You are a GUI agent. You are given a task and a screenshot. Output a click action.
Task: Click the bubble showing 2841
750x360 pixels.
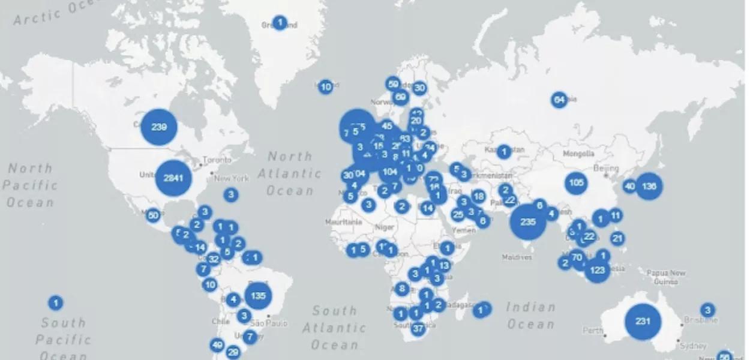pos(173,178)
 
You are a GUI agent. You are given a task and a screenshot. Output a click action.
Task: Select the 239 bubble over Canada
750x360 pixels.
pos(159,127)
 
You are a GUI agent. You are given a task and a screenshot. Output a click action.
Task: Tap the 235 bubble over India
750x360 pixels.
pos(528,222)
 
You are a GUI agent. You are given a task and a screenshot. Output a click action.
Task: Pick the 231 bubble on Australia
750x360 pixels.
pos(643,321)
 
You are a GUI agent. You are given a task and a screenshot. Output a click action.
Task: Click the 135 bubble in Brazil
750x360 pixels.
pos(259,295)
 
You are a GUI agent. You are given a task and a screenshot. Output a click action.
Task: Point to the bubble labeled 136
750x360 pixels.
pos(649,186)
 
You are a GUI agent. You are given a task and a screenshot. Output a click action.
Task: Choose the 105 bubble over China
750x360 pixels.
pos(576,183)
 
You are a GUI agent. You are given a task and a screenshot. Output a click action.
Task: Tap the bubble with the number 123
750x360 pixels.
pos(597,270)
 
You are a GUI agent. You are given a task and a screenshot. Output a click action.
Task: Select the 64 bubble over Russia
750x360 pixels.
pos(559,100)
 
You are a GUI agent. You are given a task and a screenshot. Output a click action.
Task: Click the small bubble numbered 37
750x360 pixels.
pos(418,328)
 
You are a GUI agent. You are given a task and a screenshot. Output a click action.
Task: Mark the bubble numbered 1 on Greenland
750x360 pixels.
pos(280,23)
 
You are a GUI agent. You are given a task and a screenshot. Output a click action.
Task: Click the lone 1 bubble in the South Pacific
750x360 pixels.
pos(55,303)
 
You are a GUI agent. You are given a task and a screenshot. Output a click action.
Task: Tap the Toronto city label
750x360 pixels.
pos(217,161)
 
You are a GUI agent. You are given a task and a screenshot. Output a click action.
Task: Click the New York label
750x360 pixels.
pos(232,178)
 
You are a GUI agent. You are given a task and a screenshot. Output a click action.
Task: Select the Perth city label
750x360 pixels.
pos(593,331)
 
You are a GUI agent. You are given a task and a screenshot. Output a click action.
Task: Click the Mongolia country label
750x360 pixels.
pos(578,154)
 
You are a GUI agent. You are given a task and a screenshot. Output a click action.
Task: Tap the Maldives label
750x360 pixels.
pos(517,257)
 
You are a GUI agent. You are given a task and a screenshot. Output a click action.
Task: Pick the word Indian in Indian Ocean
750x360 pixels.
pos(531,307)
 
